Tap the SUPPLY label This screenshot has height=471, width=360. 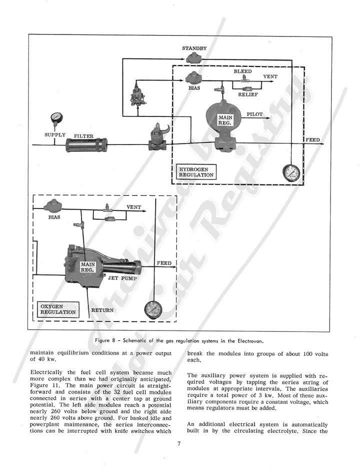click(x=55, y=135)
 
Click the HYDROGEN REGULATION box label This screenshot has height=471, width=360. click(x=196, y=172)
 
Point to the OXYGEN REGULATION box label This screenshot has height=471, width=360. click(x=58, y=309)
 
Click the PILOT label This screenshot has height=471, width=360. click(x=254, y=114)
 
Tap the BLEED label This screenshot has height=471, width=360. click(x=243, y=71)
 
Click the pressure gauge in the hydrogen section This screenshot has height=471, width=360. click(x=291, y=173)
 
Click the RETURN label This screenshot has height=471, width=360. click(x=102, y=310)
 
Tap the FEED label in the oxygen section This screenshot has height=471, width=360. click(x=164, y=263)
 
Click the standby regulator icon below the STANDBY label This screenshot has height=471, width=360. click(x=192, y=58)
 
